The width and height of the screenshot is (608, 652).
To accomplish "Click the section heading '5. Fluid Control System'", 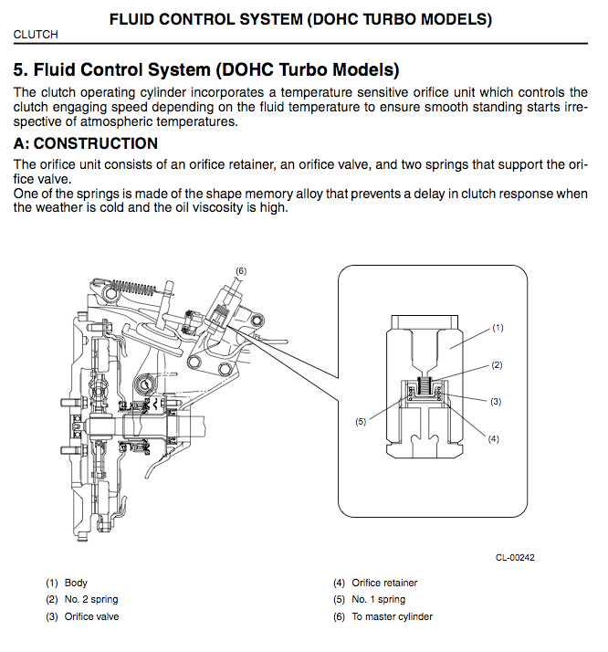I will (x=206, y=70).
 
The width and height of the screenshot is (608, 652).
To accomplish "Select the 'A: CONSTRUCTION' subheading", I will (x=86, y=144).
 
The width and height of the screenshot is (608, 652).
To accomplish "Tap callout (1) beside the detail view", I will (x=498, y=327).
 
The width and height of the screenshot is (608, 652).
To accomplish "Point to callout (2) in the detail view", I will (x=498, y=364).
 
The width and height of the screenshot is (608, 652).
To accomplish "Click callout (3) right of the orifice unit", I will (x=496, y=401).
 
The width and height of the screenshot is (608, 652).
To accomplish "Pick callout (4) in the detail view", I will (x=494, y=438).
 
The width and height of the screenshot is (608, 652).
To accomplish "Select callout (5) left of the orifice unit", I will (x=362, y=421).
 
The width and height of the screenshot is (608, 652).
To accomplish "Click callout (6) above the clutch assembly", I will (x=241, y=270).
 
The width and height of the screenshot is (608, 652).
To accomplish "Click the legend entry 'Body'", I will (x=76, y=583).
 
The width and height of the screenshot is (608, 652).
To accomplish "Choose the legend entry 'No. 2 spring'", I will (x=90, y=599).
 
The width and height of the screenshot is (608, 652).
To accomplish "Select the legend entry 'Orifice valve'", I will (x=91, y=616).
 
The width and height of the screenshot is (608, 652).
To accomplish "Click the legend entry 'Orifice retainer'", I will (x=384, y=583).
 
